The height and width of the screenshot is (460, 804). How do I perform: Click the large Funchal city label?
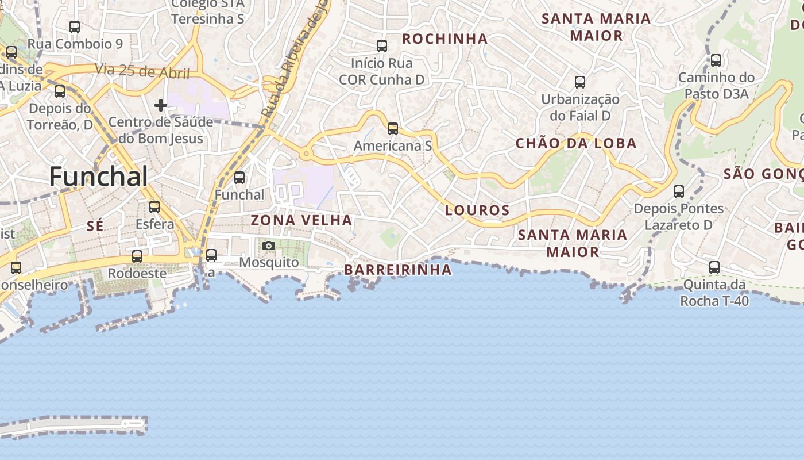[98, 176]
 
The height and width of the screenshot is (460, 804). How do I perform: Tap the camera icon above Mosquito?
[268, 246]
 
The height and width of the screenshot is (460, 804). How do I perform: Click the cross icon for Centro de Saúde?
[161, 105]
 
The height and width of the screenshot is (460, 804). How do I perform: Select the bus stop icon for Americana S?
[393, 129]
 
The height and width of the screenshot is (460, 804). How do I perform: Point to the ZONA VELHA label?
[301, 220]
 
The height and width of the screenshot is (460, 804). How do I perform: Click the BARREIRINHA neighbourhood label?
[397, 270]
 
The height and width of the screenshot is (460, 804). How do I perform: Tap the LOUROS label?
[477, 210]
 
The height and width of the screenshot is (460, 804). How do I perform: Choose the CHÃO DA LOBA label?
[576, 143]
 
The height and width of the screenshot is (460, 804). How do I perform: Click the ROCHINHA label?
[445, 39]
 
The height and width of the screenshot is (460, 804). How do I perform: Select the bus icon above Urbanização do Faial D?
[580, 82]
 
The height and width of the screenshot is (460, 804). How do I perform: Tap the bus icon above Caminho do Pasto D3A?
[716, 60]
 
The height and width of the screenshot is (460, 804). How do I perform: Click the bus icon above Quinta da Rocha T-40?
[714, 267]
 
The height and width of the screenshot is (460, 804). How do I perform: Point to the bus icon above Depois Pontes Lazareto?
[679, 191]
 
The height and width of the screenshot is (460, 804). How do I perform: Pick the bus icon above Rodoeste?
[137, 256]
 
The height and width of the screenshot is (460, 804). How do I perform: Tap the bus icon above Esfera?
[154, 207]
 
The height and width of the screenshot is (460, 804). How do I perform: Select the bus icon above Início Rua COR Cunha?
[382, 45]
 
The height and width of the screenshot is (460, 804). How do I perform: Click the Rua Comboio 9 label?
[75, 44]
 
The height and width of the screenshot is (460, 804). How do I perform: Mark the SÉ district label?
[95, 227]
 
